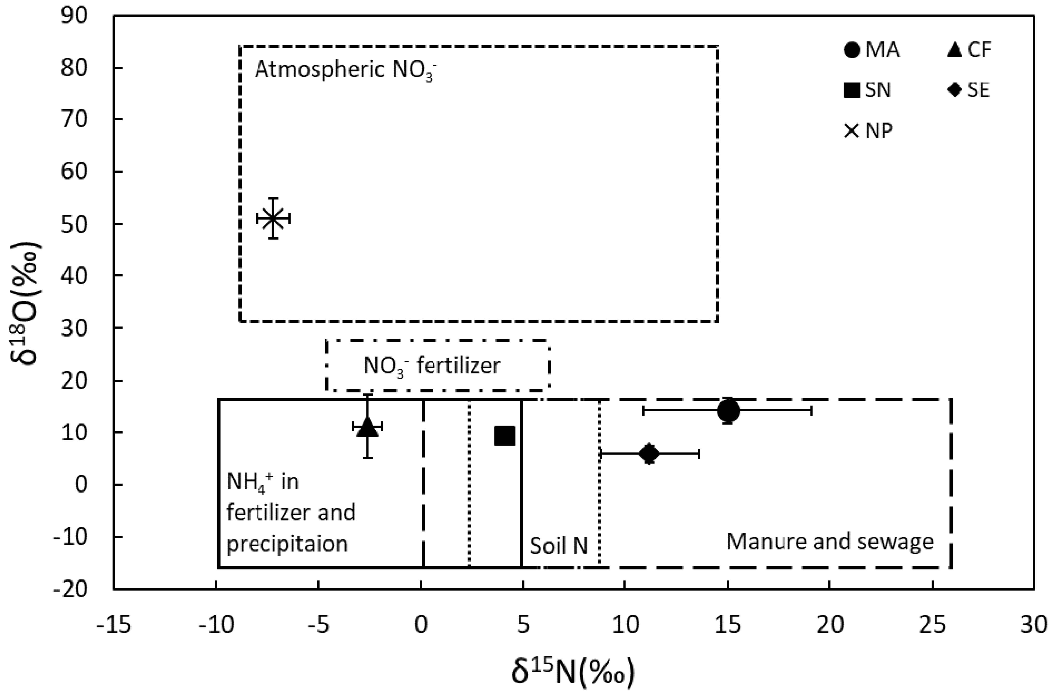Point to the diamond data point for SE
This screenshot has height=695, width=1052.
click(x=649, y=454)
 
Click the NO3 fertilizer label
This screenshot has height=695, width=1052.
click(x=432, y=366)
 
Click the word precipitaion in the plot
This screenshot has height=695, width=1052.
click(x=287, y=544)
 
